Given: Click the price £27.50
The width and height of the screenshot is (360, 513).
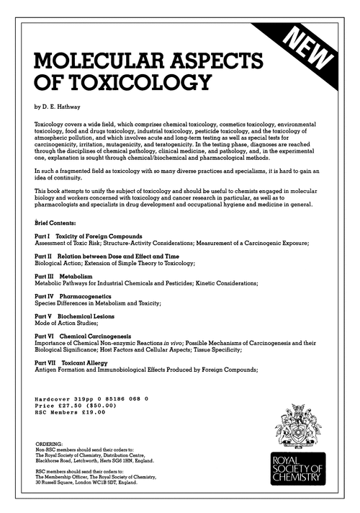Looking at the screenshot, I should coord(72,406).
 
